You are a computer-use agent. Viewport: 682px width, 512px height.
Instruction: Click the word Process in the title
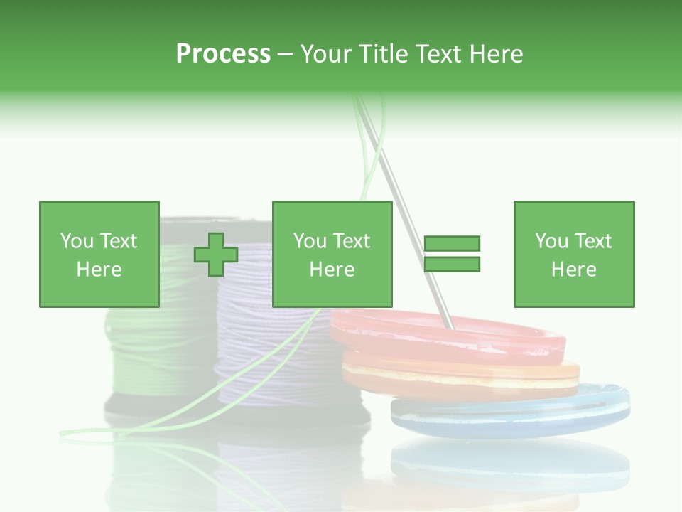[223, 54]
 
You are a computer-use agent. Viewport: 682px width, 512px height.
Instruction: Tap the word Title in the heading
[384, 54]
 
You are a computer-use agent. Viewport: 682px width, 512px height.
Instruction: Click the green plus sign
[216, 255]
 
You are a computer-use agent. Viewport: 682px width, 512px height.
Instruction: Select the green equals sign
[452, 254]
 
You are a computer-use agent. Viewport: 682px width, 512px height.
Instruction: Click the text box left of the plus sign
[99, 254]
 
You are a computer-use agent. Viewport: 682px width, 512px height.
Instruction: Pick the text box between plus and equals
[332, 254]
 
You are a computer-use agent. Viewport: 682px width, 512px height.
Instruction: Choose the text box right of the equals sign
[573, 254]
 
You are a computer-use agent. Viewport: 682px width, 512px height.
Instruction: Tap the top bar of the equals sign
[452, 244]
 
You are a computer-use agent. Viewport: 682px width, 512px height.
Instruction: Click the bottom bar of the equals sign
[452, 265]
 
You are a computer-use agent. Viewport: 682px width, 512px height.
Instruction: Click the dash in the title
[286, 55]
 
